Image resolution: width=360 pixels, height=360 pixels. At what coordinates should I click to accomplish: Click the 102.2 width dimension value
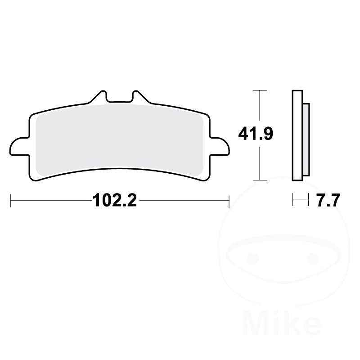pyautogui.click(x=115, y=200)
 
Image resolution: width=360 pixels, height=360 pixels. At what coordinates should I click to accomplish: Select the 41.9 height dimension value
pyautogui.click(x=256, y=134)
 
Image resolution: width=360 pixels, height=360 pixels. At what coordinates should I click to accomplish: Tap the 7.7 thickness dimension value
pyautogui.click(x=328, y=200)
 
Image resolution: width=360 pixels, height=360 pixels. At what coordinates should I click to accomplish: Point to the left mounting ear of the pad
pyautogui.click(x=19, y=147)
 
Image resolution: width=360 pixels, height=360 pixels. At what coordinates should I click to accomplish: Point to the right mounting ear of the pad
pyautogui.click(x=220, y=147)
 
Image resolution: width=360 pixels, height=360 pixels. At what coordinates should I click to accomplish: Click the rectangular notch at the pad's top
pyautogui.click(x=119, y=97)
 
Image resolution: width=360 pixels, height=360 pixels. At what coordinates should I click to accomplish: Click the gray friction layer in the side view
pyautogui.click(x=306, y=140)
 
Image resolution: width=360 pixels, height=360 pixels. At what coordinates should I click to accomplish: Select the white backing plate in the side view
pyautogui.click(x=297, y=135)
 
